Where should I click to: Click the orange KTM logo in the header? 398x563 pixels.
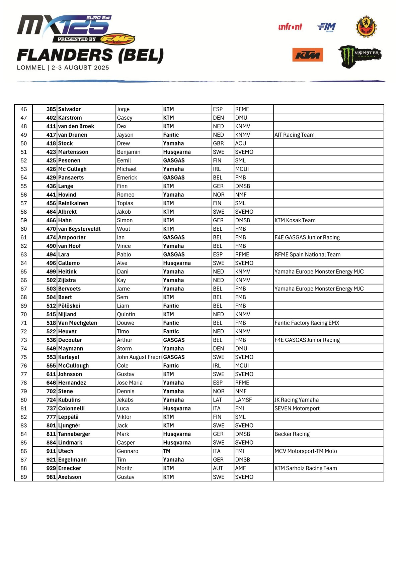pos(307,55)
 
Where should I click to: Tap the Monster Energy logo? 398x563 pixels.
pos(360,56)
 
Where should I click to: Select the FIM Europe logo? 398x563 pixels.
pos(326,27)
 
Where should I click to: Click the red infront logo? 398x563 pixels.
pos(290,26)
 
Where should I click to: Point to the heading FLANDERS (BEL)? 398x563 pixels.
pos(90,55)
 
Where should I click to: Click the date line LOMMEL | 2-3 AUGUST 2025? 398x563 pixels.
pos(63,68)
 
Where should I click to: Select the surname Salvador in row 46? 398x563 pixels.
pos(69,109)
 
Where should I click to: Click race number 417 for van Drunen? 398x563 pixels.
pos(51,135)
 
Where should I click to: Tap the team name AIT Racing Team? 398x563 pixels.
pos(294,135)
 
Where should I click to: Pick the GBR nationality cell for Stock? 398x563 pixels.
pos(218,143)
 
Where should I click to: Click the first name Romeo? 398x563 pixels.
pos(126,195)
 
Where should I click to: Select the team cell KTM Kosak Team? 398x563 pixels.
pos(295,220)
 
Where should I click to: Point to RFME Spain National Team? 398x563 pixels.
pos(307,255)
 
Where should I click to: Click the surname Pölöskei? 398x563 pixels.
pos(69,306)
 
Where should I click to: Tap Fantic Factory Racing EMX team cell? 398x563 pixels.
pos(307,323)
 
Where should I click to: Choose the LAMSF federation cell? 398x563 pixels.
pos(243,400)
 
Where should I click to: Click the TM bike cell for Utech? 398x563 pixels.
pos(167,451)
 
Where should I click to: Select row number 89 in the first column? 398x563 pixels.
pos(23,477)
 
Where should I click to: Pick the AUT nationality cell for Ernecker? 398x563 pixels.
pos(218,468)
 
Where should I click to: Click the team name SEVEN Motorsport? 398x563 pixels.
pos(297,409)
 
